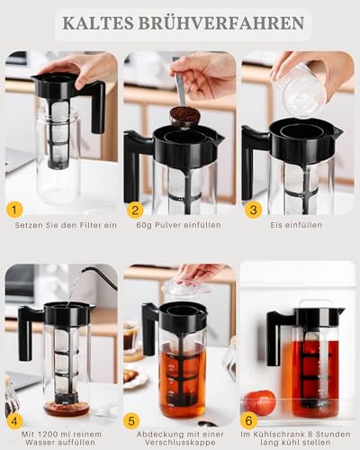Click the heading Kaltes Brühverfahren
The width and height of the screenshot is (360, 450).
click(180, 22)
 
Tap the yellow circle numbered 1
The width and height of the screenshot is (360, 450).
click(14, 210)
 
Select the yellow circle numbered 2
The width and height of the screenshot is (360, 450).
click(135, 210)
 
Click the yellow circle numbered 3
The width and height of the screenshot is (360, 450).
click(254, 210)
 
